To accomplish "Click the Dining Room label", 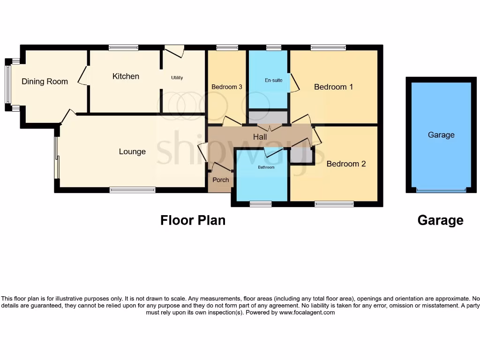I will point(45,82).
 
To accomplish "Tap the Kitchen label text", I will point(126,76).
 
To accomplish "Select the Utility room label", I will point(177,78).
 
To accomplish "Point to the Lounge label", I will point(132,152).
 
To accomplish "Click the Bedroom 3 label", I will point(227,87).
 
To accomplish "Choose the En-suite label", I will point(274,80).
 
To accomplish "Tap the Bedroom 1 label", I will point(333,87).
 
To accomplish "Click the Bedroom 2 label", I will point(346,164).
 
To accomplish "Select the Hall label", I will point(260,137).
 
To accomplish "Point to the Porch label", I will point(221,180).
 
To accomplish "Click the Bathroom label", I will point(266,167).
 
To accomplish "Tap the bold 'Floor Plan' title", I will point(193,220).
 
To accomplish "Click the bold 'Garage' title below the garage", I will point(440,220).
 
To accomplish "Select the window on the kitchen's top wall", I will point(123,47).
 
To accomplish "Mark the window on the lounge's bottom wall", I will point(132,190).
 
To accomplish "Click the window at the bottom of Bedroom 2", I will point(334,204).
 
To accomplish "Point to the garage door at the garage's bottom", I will point(441,190).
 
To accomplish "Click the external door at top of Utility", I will point(174,49).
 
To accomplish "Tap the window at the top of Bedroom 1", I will point(328,47).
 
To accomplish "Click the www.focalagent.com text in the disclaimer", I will point(307,312).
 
